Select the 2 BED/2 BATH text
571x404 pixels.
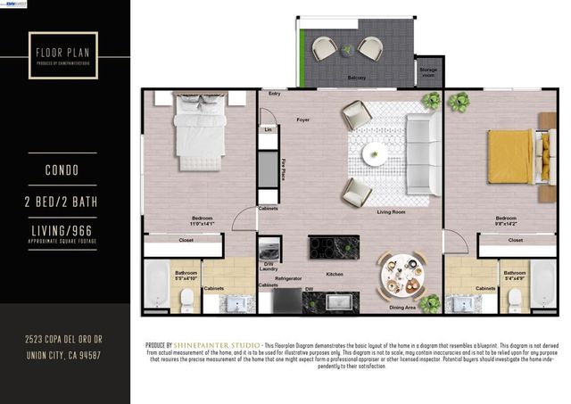pyautogui.click(x=65, y=202)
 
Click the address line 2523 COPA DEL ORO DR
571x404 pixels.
pyautogui.click(x=64, y=340)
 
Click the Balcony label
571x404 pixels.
pyautogui.click(x=357, y=78)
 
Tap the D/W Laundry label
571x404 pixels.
pyautogui.click(x=267, y=265)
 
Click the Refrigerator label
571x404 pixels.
pyautogui.click(x=287, y=278)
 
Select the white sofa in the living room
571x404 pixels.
pyautogui.click(x=421, y=143)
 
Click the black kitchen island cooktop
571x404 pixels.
pyautogui.click(x=334, y=246)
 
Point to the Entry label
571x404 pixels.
pyautogui.click(x=273, y=93)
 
